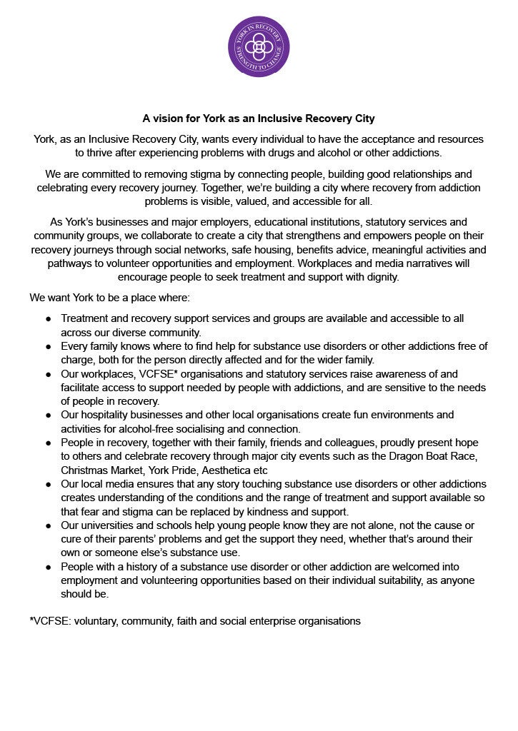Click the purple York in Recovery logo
pyautogui.click(x=259, y=46)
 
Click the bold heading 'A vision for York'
pyautogui.click(x=259, y=118)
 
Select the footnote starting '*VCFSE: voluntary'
pyautogui.click(x=195, y=621)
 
